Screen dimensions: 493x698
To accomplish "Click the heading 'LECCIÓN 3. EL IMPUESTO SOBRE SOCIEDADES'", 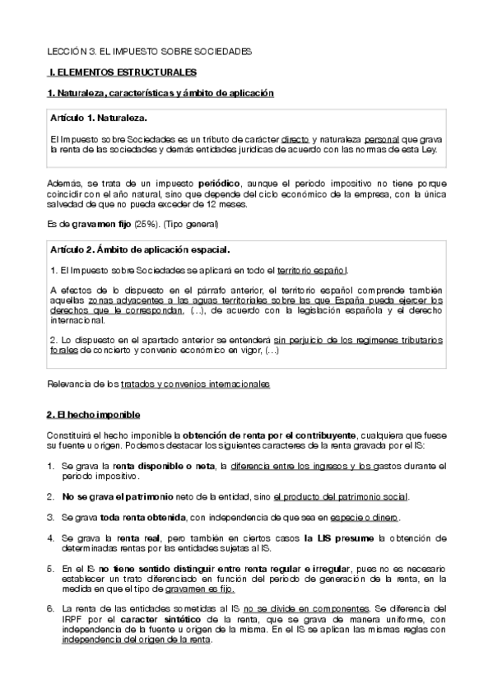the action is [148, 51].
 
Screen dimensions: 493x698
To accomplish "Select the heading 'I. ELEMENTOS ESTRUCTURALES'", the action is [123, 72].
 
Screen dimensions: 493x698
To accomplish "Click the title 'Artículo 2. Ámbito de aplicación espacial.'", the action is [140, 249].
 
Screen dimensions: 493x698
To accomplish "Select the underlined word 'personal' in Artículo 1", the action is [381, 141].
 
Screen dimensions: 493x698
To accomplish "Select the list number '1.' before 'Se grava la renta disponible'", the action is [50, 466].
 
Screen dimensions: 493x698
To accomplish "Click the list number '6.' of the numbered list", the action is [50, 607].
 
